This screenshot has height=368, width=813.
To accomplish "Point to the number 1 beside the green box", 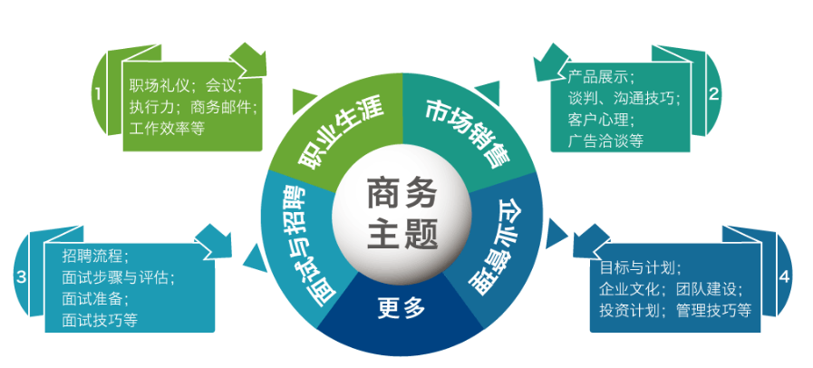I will point(97,92).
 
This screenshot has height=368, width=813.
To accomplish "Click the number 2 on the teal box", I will point(713,92).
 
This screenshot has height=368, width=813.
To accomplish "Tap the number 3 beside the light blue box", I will point(19,277).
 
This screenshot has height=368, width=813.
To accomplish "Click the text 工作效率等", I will point(167,129).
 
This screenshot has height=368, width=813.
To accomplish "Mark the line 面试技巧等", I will point(100,320).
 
